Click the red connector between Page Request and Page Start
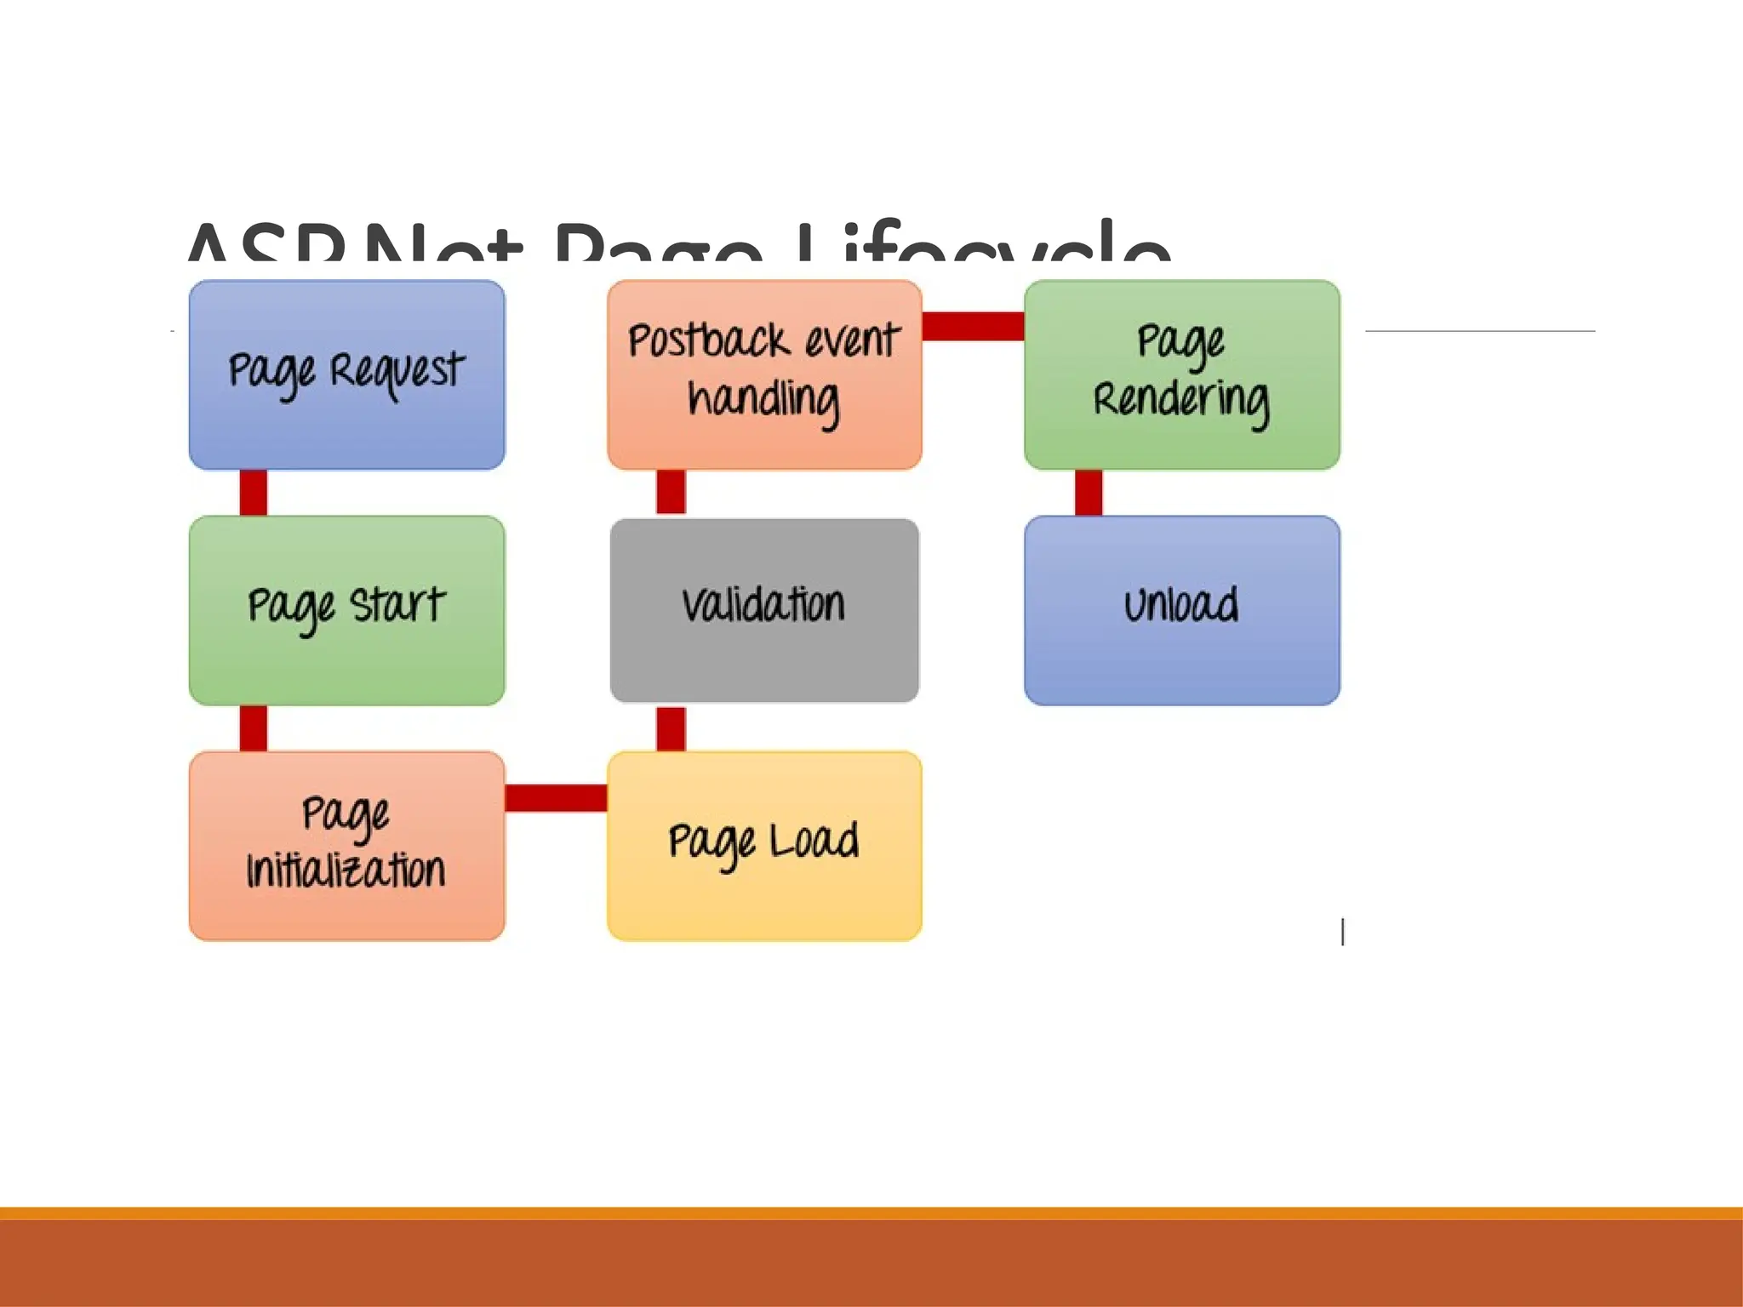(254, 493)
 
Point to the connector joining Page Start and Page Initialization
(254, 728)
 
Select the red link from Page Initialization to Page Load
(556, 797)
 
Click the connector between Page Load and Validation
(671, 728)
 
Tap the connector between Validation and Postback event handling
(671, 493)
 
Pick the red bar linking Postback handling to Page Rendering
(973, 326)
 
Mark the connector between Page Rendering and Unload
(1089, 493)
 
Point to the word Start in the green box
(397, 605)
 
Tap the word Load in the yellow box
(814, 841)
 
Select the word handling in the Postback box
(763, 400)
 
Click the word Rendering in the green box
(1181, 400)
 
